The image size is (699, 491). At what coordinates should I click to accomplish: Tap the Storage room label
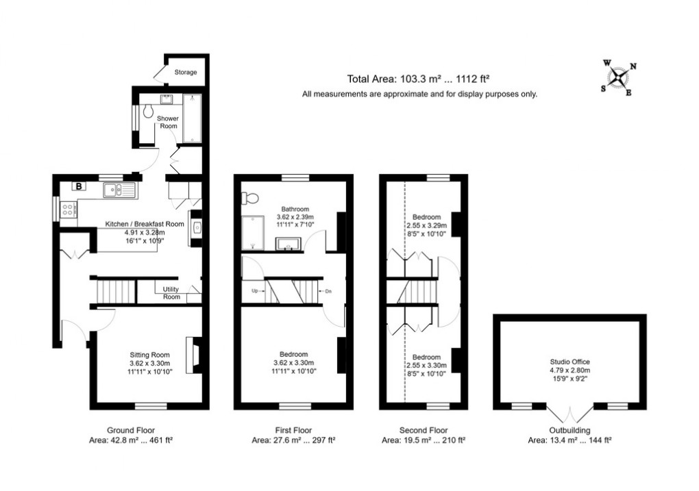tap(185, 72)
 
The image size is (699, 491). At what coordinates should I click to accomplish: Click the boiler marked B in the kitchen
tap(79, 186)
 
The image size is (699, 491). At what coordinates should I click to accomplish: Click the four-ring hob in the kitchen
tap(68, 210)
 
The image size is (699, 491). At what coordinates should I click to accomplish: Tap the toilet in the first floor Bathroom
tap(250, 199)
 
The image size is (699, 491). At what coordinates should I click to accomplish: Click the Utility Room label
tap(171, 292)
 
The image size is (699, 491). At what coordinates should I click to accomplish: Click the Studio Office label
tap(569, 362)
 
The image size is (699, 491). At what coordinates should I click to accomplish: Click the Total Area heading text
tap(419, 79)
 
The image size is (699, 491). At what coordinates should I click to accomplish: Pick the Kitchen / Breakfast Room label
tap(145, 224)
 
